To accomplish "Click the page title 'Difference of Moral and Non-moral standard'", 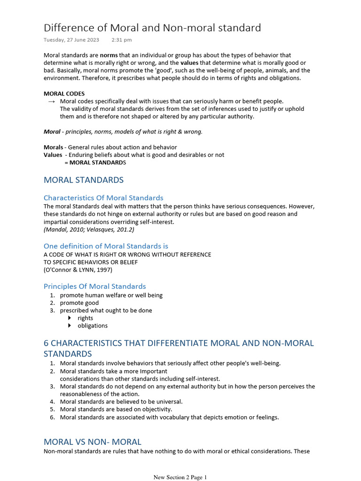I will [x=152, y=28].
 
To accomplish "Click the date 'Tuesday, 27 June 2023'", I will [x=71, y=40].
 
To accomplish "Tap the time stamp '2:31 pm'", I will [x=122, y=40].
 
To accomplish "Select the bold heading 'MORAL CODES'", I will [x=64, y=93].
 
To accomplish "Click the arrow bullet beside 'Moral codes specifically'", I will [x=51, y=101].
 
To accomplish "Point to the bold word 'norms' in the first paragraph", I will [x=109, y=55].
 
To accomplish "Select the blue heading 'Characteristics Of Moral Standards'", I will [x=103, y=198].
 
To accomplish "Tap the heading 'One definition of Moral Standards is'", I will [x=106, y=246].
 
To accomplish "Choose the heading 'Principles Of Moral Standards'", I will [x=94, y=286].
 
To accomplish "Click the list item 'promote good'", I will [x=79, y=303].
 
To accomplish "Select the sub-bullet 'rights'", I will [x=86, y=318].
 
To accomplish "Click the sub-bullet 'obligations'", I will [x=93, y=326].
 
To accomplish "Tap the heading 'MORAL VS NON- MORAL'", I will [x=92, y=442].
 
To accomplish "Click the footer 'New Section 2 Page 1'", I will [x=180, y=477].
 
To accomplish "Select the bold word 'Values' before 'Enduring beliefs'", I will [x=53, y=155].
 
